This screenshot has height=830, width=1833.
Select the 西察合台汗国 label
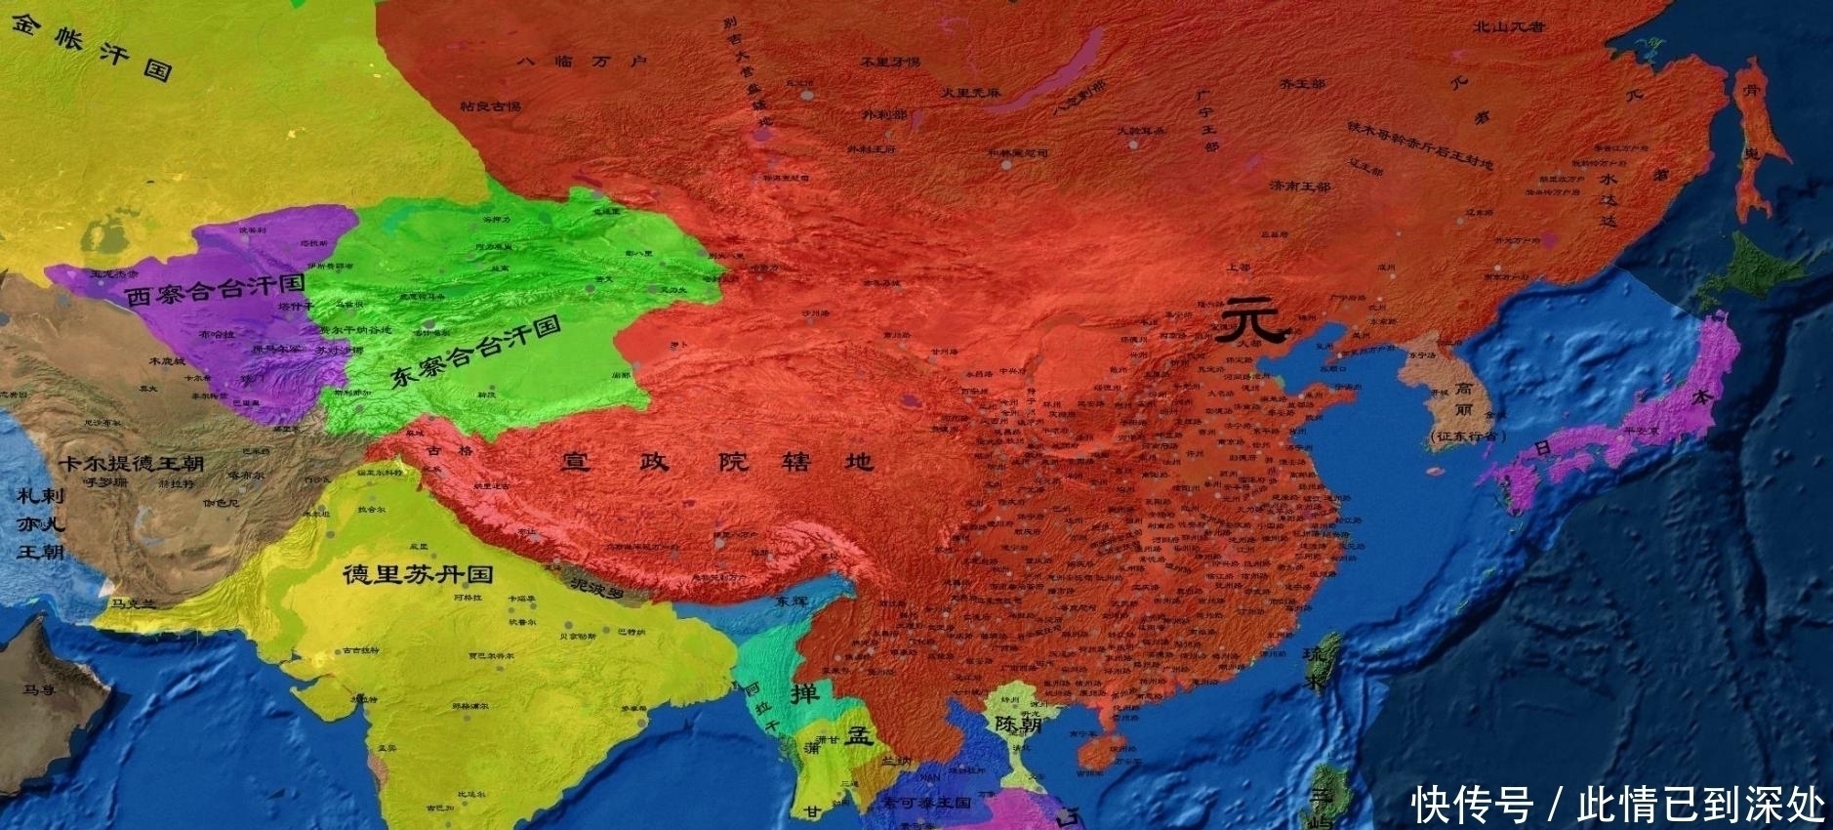coord(215,289)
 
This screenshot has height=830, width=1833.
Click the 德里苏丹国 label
coord(417,574)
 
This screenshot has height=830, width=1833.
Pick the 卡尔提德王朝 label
coord(131,463)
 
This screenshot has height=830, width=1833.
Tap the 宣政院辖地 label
coord(716,461)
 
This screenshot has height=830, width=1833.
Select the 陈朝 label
coord(1018,725)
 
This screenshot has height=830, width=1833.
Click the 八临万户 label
coord(581,62)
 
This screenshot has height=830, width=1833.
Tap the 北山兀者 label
coord(1509,27)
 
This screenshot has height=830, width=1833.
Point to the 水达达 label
coord(1608,199)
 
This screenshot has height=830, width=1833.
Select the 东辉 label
coord(792,602)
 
